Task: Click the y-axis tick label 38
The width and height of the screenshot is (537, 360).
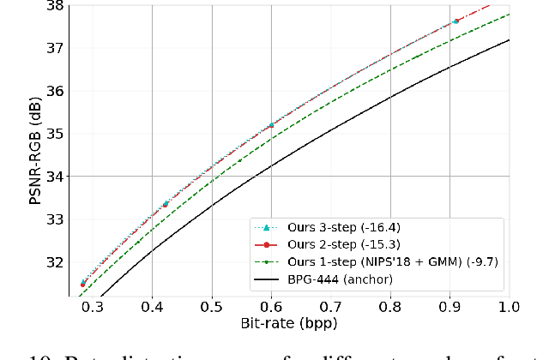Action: point(53,5)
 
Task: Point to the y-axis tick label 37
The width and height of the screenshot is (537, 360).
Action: point(53,48)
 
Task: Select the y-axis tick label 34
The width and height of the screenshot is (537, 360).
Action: point(53,177)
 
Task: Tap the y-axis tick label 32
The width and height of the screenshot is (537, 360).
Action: point(53,262)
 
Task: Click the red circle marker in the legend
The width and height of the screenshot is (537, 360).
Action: point(266,243)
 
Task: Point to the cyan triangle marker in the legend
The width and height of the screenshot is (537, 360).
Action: point(266,226)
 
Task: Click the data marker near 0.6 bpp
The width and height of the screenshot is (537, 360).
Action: point(271,125)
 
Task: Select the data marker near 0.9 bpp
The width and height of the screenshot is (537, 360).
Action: point(456,21)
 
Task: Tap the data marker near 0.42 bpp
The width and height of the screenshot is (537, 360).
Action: point(166,204)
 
